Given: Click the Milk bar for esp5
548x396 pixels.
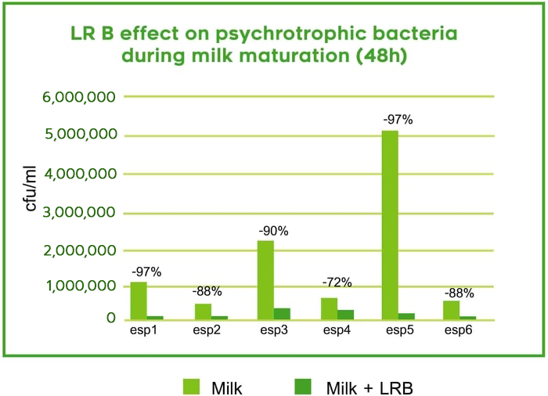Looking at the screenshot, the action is pos(390,225).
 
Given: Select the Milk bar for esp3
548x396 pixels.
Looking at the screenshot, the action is pos(265,280).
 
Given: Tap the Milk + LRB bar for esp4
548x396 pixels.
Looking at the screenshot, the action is pos(346,315).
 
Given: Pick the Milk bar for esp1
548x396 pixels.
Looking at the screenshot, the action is pos(139,301).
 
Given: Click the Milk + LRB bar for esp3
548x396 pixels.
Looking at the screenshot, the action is pos(282,314).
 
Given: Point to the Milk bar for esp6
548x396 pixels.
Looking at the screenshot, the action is pos(451,310).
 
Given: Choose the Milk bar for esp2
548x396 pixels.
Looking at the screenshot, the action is pos(203,311).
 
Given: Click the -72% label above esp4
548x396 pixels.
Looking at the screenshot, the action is pos(337,283).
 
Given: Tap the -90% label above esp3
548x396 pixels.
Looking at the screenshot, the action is pos(274,231).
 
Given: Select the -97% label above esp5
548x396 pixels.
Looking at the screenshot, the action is pos(398,120).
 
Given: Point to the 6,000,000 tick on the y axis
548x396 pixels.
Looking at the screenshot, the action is pos(79,97).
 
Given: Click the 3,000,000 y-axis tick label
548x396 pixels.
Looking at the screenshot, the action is pos(79,213).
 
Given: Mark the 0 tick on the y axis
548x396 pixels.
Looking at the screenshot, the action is pos(111,318).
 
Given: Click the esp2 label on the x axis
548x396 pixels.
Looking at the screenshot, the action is pos(207,330).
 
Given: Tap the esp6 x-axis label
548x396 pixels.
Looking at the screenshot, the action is pos(458,330).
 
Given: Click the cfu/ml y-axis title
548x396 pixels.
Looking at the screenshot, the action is pos(31,189).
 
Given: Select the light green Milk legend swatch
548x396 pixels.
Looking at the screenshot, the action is pos(191,387).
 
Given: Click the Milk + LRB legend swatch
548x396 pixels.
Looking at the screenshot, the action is pos(303,387).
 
